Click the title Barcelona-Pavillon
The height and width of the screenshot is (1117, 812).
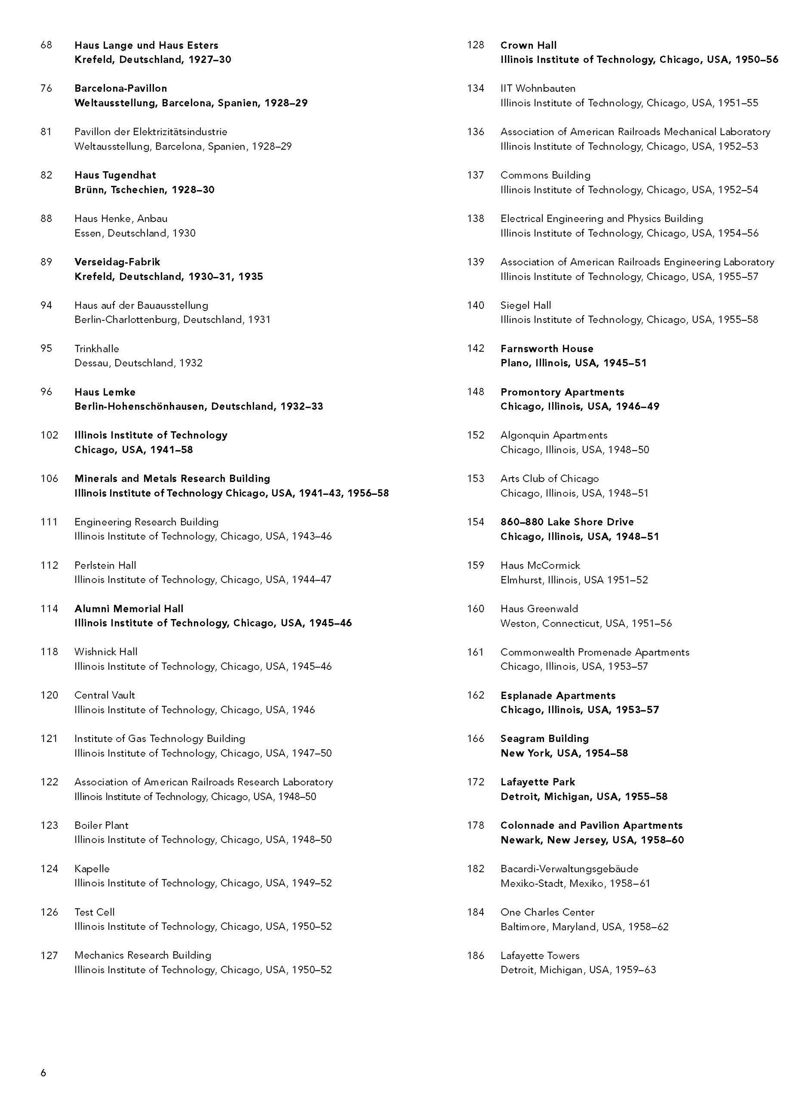[x=121, y=88]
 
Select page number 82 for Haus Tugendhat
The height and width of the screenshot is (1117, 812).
[x=46, y=175]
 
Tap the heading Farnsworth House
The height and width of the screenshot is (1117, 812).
[x=547, y=349]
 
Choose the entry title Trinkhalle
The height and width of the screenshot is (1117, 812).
[x=96, y=349]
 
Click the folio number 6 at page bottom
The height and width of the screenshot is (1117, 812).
[x=43, y=1073]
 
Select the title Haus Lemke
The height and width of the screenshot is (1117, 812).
[x=105, y=392]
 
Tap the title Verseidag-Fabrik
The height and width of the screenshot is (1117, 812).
[x=117, y=262]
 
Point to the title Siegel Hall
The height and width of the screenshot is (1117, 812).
[x=526, y=305]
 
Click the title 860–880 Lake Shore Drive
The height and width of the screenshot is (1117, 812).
[x=567, y=522]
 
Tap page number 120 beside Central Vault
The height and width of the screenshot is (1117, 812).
[x=49, y=695]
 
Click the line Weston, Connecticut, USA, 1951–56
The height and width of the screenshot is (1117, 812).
[x=586, y=623]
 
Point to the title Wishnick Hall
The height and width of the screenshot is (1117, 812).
[x=106, y=652]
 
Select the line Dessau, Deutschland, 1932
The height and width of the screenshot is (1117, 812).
[x=138, y=363]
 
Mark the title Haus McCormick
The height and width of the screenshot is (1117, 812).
[x=540, y=565]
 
